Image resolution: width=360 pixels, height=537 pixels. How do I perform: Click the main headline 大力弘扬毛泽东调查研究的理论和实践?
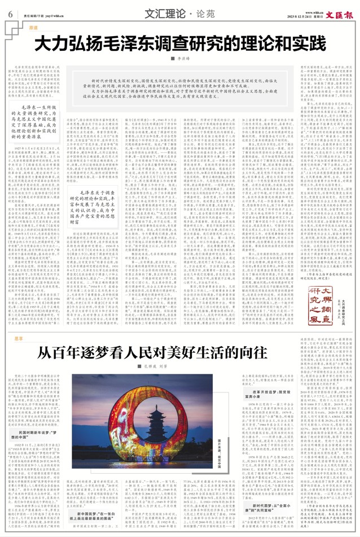pyautogui.click(x=180, y=43)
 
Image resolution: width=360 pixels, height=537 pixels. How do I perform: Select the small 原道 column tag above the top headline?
pyautogui.click(x=33, y=27)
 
